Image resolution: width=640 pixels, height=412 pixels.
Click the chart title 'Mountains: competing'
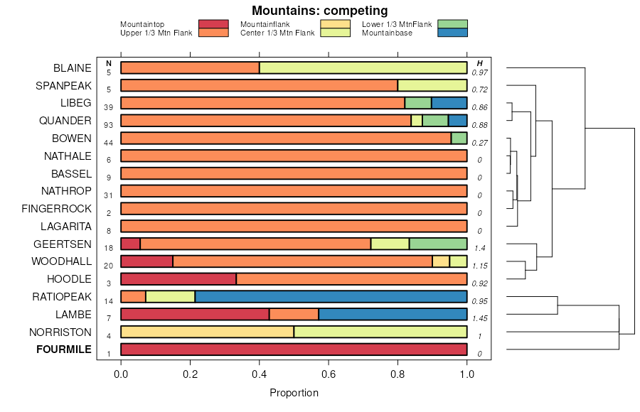(319, 11)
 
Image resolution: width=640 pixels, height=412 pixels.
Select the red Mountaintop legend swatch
(213, 24)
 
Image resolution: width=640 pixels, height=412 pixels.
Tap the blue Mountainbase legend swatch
(452, 33)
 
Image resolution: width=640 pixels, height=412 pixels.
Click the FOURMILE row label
(64, 349)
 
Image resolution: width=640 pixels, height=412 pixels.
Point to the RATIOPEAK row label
(62, 296)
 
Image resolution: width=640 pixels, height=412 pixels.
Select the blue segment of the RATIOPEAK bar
(331, 296)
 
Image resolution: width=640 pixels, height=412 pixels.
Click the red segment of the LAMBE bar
(195, 314)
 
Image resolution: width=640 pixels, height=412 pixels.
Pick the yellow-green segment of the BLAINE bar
(363, 68)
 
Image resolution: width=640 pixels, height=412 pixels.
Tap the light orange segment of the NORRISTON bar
(207, 332)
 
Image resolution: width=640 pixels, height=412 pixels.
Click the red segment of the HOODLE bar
(178, 278)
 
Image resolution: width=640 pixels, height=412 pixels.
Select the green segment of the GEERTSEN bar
(438, 244)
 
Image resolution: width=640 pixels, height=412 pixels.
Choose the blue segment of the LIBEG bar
(449, 103)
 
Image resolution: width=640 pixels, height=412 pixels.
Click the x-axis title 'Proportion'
(294, 393)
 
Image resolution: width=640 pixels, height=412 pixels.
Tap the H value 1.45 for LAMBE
(480, 318)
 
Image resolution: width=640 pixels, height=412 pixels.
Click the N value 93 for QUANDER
(109, 124)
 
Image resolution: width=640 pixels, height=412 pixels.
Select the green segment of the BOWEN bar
(459, 139)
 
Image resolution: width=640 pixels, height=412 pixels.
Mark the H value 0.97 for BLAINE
(480, 72)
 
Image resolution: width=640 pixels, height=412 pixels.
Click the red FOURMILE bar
(294, 349)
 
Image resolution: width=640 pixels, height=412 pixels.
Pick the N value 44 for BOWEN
(109, 142)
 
